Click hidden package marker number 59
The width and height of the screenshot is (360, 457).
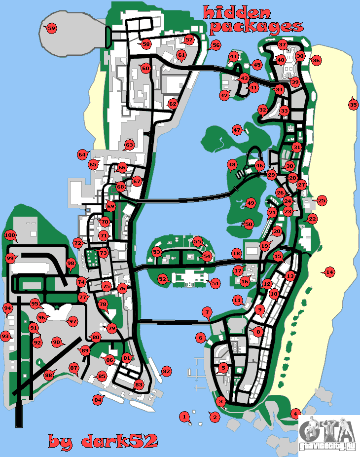click(51, 28)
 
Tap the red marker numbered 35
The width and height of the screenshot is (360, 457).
click(353, 104)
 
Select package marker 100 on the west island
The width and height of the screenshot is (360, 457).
click(10, 235)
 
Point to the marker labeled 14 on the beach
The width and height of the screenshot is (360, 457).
click(329, 271)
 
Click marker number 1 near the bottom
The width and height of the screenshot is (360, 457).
click(184, 417)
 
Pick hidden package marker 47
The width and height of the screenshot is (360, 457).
click(237, 130)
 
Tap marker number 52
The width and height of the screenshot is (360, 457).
click(163, 279)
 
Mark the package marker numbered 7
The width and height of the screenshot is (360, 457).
click(207, 312)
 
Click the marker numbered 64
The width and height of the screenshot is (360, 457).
click(82, 154)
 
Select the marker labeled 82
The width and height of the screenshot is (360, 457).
click(166, 371)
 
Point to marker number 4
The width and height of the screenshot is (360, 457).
click(296, 413)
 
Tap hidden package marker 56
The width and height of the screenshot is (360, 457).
click(215, 44)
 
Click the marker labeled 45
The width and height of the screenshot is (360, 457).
click(256, 65)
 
